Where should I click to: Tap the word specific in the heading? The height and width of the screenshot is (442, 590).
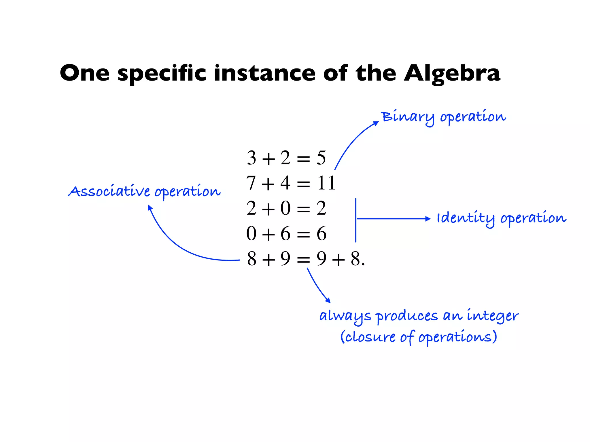click(162, 73)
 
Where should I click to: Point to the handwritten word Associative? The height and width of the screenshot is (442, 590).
click(109, 191)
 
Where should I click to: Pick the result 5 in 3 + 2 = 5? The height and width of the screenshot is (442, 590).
click(321, 158)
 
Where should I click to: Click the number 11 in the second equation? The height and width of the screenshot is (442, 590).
click(326, 183)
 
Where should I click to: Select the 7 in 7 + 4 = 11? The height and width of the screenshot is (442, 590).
click(251, 183)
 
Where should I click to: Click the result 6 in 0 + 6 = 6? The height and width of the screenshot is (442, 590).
click(322, 233)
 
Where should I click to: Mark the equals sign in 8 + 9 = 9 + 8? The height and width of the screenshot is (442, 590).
click(303, 260)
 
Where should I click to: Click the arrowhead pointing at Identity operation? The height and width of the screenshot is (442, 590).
click(428, 219)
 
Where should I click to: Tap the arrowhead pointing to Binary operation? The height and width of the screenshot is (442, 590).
click(376, 123)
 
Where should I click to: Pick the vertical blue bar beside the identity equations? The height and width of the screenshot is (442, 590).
click(356, 220)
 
